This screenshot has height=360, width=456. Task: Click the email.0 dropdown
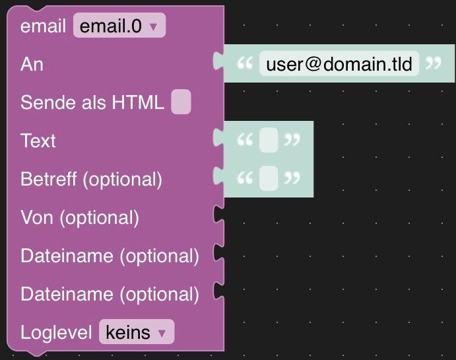(x=119, y=25)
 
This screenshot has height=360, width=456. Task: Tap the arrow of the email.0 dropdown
(x=153, y=27)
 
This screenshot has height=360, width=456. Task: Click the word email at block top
(x=43, y=26)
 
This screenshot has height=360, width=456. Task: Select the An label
(x=32, y=64)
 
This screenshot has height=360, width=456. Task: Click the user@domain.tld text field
(x=339, y=63)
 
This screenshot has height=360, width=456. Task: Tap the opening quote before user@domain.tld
(x=245, y=63)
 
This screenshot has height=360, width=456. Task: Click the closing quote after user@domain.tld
(x=434, y=63)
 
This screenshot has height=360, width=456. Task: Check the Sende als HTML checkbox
(x=181, y=102)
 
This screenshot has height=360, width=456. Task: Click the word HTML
(x=138, y=102)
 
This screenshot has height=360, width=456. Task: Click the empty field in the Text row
(x=269, y=140)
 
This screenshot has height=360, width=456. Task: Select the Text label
(x=38, y=141)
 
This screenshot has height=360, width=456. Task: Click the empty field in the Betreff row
(x=269, y=178)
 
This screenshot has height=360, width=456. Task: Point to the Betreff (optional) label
(x=91, y=179)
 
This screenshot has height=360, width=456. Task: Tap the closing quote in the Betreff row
(x=292, y=178)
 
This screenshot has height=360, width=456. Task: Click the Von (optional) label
(x=80, y=218)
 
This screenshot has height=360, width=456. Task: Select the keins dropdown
(x=137, y=332)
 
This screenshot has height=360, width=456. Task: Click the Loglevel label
(x=56, y=332)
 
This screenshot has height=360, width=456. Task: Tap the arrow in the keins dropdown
(x=162, y=333)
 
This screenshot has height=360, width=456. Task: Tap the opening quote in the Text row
(x=245, y=139)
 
